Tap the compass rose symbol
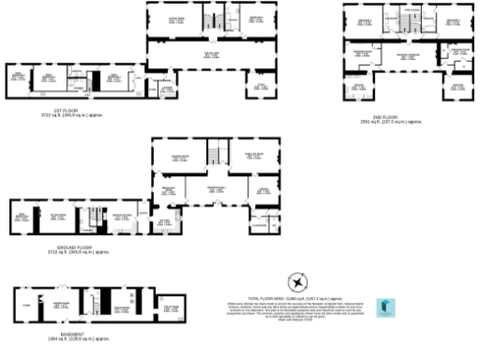click(x=297, y=280)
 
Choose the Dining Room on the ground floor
click(x=181, y=157)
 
